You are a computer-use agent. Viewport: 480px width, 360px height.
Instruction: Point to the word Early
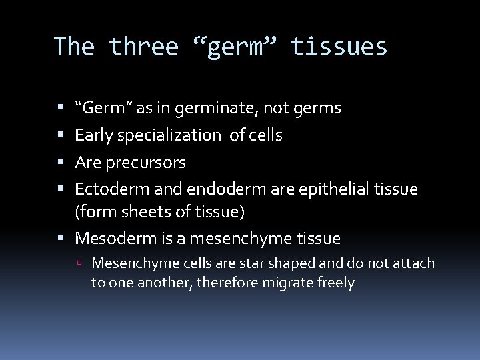click(94, 135)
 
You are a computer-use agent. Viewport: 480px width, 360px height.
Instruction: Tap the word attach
click(411, 263)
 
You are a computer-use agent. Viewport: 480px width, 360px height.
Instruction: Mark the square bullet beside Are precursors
click(61, 163)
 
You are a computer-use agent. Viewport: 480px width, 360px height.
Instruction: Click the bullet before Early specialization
click(61, 136)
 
